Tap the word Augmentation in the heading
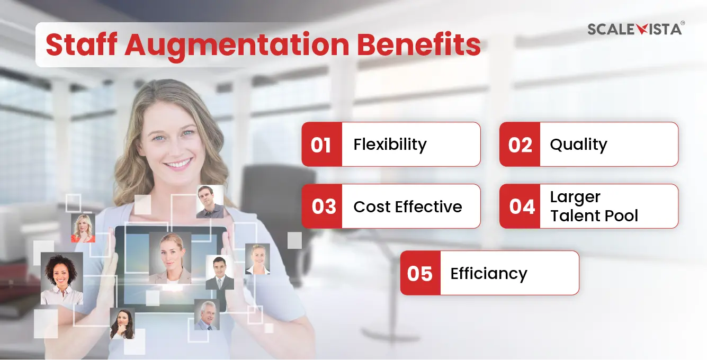tap(237, 46)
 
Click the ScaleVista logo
tap(634, 29)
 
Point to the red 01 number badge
tap(321, 144)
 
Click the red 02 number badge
tap(520, 144)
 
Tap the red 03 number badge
tap(321, 206)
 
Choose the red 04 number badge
tap(520, 206)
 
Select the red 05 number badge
tap(420, 273)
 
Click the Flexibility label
tap(390, 145)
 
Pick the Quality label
tap(578, 145)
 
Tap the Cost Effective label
tap(407, 206)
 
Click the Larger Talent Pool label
tap(594, 206)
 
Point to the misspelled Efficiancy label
tap(489, 274)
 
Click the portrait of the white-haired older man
tap(207, 315)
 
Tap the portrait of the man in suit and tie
tap(220, 272)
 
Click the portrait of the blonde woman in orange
tap(83, 228)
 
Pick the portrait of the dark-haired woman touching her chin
tap(122, 323)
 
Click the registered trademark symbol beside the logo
tap(683, 23)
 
